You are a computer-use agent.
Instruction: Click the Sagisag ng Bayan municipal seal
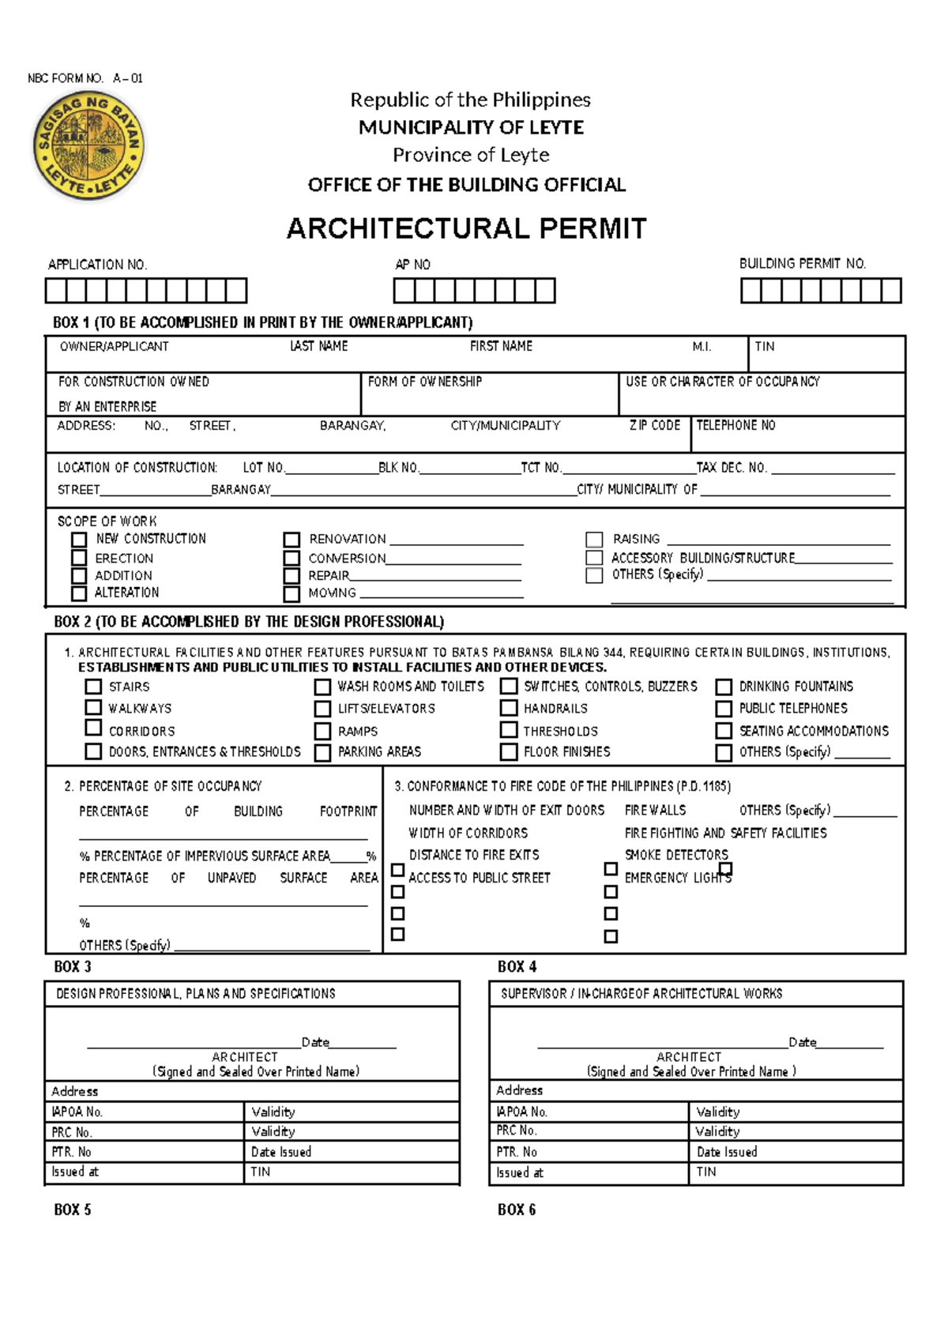coord(88,145)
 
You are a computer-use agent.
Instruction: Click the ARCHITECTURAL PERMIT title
coord(466,228)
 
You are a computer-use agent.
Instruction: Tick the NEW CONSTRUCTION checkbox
coord(79,540)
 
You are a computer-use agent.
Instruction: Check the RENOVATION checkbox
coord(292,540)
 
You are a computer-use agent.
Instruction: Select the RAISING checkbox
coord(594,540)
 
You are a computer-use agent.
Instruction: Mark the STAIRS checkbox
coord(93,687)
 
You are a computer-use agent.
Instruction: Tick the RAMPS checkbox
coord(322,732)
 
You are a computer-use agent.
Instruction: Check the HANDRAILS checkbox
coord(510,709)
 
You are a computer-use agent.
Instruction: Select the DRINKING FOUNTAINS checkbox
coord(724,687)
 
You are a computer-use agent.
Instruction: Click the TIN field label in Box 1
coord(764,346)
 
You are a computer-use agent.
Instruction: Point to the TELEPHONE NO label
coord(735,425)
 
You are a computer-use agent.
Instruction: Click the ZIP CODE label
coord(654,425)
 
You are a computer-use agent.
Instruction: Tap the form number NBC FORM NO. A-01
coord(85,78)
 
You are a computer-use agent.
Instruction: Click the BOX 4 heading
coord(517,966)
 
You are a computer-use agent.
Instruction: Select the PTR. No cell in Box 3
coord(145,1152)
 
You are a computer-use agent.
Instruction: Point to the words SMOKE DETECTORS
coord(676,855)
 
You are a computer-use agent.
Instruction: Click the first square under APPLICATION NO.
coord(55,291)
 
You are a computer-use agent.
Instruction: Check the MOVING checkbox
coord(292,593)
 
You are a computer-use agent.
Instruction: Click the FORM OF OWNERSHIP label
coord(425,382)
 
